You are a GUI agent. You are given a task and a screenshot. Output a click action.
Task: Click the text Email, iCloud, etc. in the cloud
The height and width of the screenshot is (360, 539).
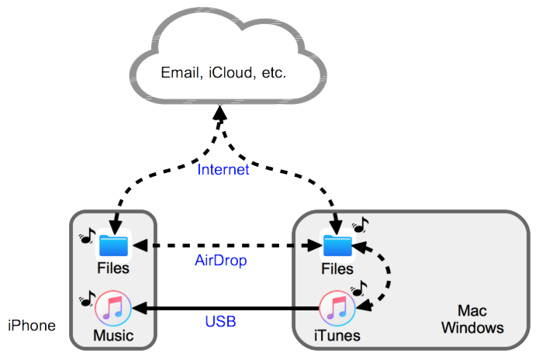click(223, 74)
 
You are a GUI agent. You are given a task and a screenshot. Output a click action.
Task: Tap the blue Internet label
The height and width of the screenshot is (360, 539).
click(223, 170)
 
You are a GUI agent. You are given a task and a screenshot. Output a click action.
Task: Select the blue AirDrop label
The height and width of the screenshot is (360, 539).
click(219, 261)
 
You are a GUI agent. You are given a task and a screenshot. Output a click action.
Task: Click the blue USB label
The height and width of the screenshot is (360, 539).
click(221, 320)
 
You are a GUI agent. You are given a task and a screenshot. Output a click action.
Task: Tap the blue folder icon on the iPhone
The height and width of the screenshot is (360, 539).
click(113, 246)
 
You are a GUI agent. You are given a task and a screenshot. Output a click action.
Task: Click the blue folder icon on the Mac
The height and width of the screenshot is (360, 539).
click(337, 246)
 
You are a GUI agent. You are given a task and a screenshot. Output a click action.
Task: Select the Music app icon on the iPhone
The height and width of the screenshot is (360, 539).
click(113, 307)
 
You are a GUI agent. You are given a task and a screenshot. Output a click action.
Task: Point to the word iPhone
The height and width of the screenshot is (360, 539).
click(32, 325)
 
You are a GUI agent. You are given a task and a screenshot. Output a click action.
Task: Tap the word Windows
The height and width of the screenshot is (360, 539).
click(472, 327)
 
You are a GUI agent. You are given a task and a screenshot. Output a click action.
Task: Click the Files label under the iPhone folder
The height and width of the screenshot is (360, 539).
click(113, 268)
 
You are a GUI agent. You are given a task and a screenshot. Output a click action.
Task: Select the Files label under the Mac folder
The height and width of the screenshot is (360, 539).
click(337, 268)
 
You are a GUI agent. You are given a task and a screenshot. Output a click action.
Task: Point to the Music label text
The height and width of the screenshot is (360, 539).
click(113, 336)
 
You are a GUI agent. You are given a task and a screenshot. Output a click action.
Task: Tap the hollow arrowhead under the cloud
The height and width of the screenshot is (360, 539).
click(220, 116)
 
